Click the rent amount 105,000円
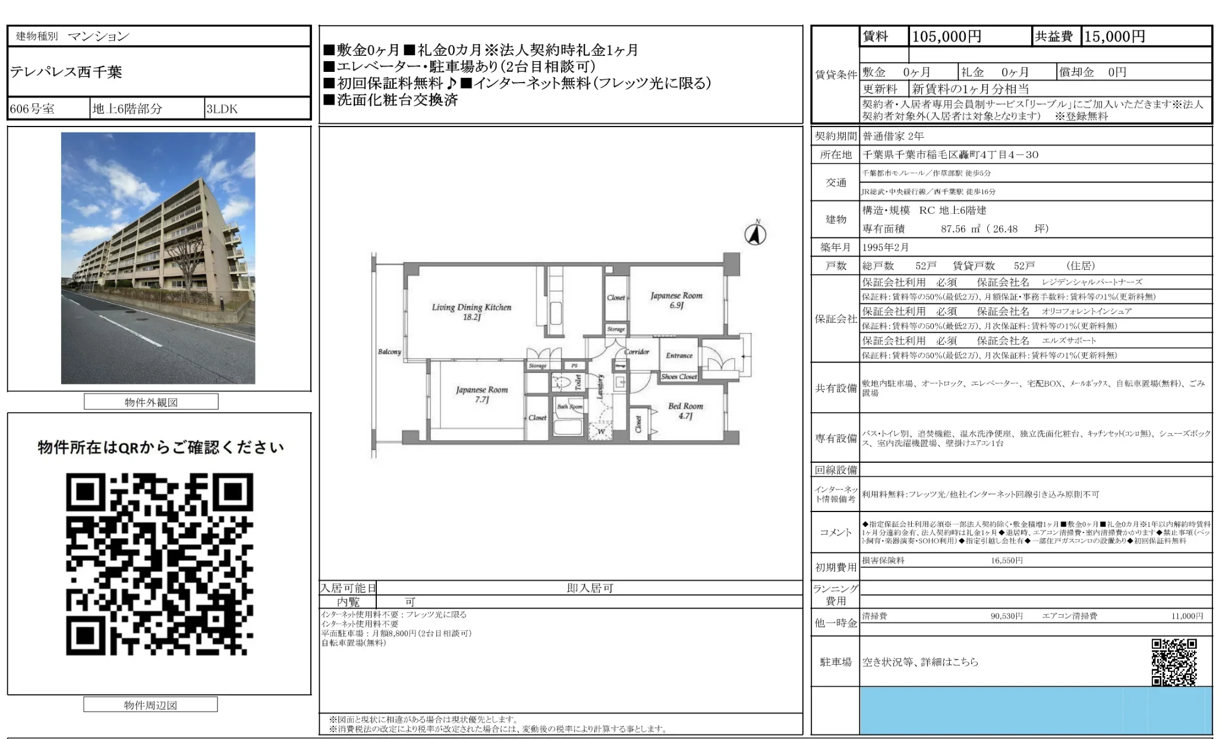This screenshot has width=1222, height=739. point(946,37)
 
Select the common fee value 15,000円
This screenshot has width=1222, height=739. point(1114,37)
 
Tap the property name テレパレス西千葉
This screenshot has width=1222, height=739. point(66,72)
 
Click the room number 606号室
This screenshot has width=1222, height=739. point(33,109)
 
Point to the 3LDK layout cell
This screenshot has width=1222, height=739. point(222,109)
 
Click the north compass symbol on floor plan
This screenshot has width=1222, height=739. point(755,234)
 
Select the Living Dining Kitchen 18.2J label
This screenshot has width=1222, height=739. point(471,312)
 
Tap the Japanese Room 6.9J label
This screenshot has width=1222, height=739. point(676,300)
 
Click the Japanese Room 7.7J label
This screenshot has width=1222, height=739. point(481,394)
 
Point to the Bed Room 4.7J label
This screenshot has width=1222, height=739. point(685,410)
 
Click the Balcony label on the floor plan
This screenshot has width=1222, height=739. point(389,352)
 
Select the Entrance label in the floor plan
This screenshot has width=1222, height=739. point(679,355)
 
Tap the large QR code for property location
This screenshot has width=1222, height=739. point(159,564)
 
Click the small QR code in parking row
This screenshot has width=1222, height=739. point(1173,661)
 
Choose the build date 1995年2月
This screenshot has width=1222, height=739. point(886,247)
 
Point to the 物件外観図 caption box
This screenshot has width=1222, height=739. point(151,402)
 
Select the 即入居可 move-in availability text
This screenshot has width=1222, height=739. point(590,588)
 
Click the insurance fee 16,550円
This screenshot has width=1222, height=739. point(1006,560)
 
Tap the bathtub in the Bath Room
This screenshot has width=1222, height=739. point(569,427)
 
